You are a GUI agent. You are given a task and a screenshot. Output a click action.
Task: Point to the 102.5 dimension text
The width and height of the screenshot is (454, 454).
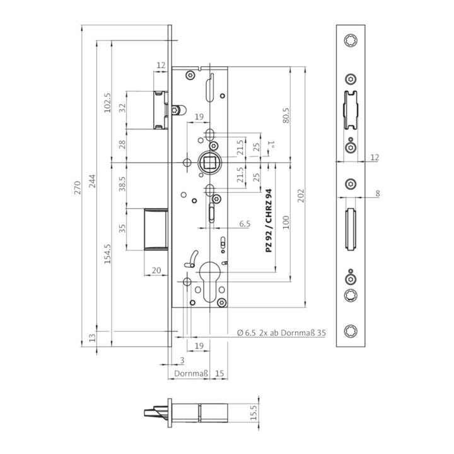tap(107, 103)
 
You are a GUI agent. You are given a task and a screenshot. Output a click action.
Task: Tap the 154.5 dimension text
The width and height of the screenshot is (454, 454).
tap(107, 255)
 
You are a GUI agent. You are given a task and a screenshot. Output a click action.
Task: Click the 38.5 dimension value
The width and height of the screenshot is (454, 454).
tap(122, 183)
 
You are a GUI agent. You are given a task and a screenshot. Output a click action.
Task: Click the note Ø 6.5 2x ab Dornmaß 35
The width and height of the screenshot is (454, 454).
tap(281, 332)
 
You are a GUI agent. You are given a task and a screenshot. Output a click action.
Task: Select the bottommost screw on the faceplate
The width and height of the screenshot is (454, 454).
tap(350, 332)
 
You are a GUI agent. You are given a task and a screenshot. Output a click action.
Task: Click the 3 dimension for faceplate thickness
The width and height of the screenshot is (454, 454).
tap(182, 359)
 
